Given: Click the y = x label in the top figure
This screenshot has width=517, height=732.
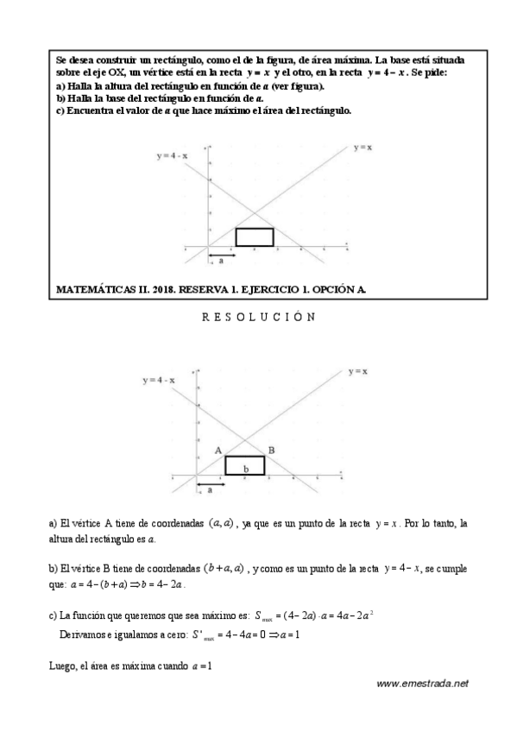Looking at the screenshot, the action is click(363, 148).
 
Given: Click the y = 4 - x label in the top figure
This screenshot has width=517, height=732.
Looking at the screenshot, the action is click(173, 156).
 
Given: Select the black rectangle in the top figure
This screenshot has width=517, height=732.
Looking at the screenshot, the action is click(255, 237).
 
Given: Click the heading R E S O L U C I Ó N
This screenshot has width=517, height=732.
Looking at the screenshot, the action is click(258, 317).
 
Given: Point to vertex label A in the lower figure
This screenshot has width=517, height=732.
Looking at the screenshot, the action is click(219, 450).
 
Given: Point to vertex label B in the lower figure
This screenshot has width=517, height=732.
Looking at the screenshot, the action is click(271, 450).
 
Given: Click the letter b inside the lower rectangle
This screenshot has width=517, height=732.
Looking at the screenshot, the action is click(246, 469).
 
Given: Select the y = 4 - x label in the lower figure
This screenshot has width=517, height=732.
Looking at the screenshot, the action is click(160, 381).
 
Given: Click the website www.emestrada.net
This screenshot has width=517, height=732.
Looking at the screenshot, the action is click(422, 683).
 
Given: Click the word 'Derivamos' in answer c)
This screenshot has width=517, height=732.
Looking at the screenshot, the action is click(87, 635).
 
